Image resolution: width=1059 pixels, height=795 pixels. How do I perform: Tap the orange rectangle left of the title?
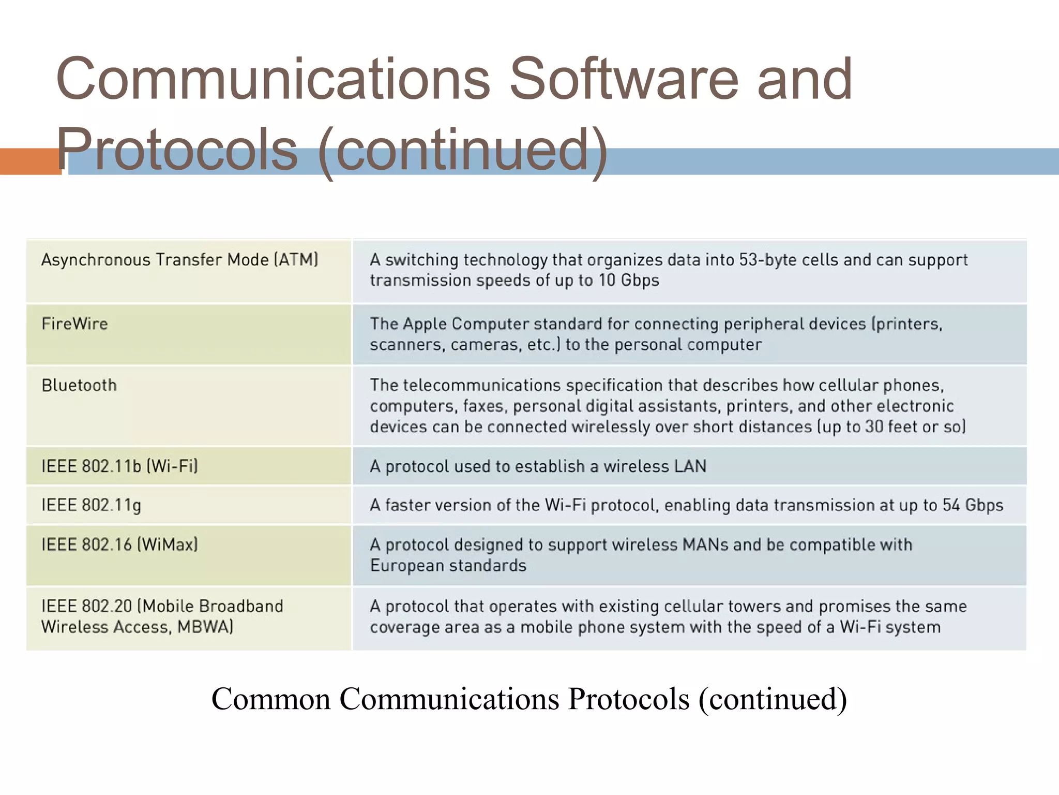tap(30, 161)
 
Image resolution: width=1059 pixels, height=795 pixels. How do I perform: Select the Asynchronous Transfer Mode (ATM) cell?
tap(179, 260)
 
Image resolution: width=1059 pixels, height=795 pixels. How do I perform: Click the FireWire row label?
tap(74, 324)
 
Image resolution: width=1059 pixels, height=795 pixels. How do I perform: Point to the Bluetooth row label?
tap(79, 386)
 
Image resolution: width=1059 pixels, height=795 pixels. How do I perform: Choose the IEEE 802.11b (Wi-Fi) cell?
tap(119, 466)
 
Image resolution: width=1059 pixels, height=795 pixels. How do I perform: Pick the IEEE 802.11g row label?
tap(91, 505)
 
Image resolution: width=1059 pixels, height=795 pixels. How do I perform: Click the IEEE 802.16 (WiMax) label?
tap(119, 544)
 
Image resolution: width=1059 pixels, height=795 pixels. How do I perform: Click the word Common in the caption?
tap(271, 699)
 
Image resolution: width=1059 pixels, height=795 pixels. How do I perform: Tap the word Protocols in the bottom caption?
tap(629, 699)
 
